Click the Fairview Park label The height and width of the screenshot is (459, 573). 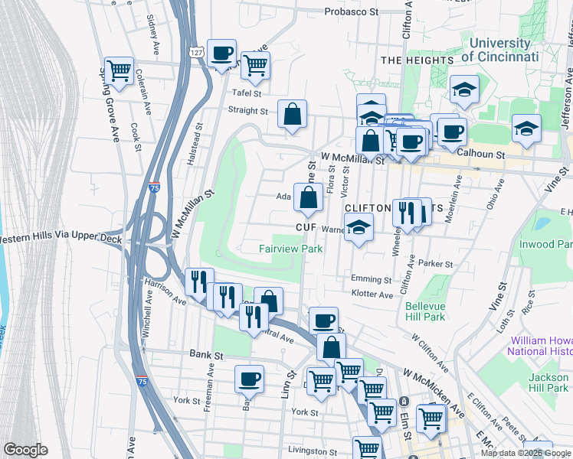(x=290, y=249)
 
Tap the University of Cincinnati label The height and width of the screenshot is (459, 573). (x=505, y=50)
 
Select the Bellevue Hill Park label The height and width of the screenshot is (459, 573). (x=425, y=311)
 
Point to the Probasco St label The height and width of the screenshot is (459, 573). (x=352, y=11)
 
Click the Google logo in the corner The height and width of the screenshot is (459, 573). (x=25, y=450)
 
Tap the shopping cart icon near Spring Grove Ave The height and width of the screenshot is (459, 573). (x=119, y=71)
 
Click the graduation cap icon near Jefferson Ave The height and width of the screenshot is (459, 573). (x=526, y=129)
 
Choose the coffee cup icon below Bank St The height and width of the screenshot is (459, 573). (x=248, y=378)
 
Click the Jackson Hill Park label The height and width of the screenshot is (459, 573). (x=548, y=382)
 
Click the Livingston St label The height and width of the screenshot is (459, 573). (x=312, y=451)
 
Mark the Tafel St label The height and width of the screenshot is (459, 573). (x=247, y=93)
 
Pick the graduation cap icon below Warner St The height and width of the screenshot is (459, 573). (x=358, y=228)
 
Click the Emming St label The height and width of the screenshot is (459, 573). (x=371, y=280)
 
